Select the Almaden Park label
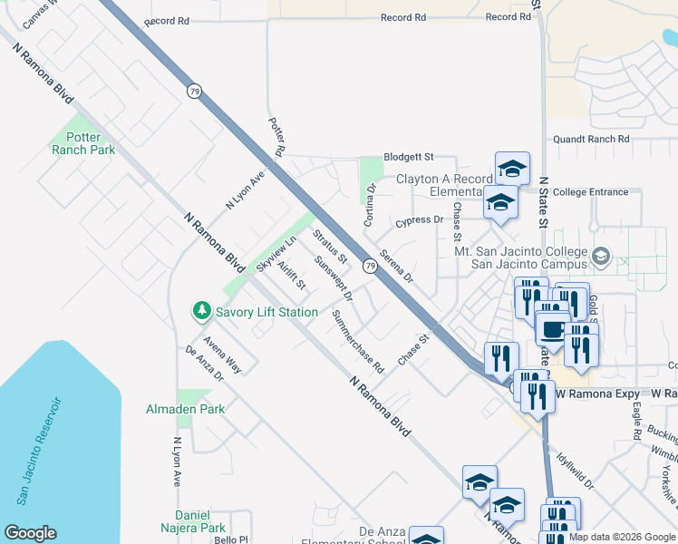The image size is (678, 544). coord(186,410)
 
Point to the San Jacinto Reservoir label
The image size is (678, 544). coord(39,450)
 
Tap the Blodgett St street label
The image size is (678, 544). coord(408,156)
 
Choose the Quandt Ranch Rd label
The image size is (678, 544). coord(591,140)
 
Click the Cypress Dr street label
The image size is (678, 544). coord(420,220)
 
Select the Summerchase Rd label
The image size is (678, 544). coord(358,342)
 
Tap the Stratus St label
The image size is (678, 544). coord(330,247)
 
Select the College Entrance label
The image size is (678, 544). coord(590,192)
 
